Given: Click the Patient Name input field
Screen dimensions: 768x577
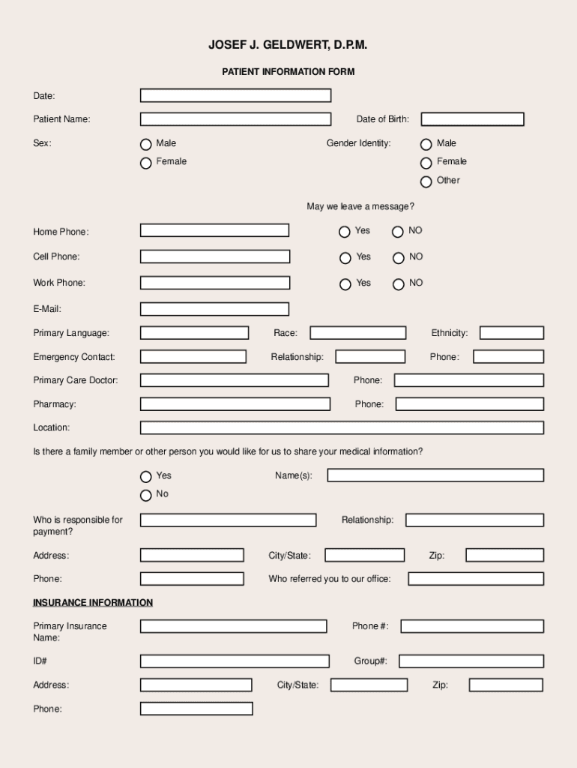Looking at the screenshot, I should pos(235,119).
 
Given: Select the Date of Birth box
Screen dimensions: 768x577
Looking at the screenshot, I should pos(472,119).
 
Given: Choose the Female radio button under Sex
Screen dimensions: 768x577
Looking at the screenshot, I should pos(146,163).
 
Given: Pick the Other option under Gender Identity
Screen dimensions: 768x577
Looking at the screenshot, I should pos(426,181).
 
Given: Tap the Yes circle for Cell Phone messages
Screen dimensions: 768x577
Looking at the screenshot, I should pos(345,258).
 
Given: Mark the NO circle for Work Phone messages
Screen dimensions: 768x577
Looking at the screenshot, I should pos(399,284).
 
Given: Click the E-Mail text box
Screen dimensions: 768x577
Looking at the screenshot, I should pos(214,309).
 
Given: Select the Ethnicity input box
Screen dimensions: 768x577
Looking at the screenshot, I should pos(512,333).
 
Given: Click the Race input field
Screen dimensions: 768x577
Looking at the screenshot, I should pos(358,333).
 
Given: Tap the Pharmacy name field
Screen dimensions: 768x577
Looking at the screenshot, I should pos(235,404).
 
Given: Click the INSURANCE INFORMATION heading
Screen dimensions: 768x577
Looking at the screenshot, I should pos(93,603).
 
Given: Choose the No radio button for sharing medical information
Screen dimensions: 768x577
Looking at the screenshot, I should pos(146,495).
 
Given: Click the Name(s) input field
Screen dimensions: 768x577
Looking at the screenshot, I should pos(435,475).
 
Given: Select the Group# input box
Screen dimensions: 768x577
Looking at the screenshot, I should pos(471,661).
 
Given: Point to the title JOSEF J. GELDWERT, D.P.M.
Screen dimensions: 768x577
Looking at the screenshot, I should pos(288,46).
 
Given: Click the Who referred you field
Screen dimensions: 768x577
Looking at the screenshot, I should pos(476,579).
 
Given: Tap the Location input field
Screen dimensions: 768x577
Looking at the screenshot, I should pos(342,428).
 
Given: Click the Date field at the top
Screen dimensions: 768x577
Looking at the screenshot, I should pos(235,95).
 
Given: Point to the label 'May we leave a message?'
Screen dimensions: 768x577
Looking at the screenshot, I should pos(360,206).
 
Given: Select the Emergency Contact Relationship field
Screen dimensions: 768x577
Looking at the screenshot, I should pos(370,357).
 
